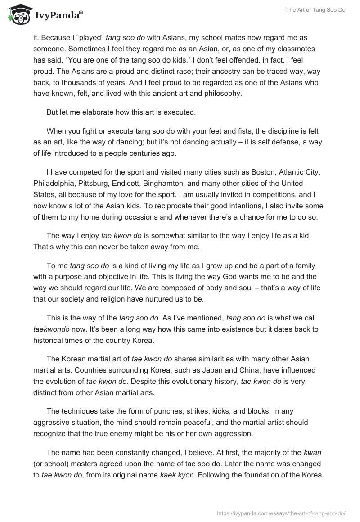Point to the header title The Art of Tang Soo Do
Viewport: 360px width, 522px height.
(315, 10)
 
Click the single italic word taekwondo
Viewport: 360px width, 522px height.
(51, 329)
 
